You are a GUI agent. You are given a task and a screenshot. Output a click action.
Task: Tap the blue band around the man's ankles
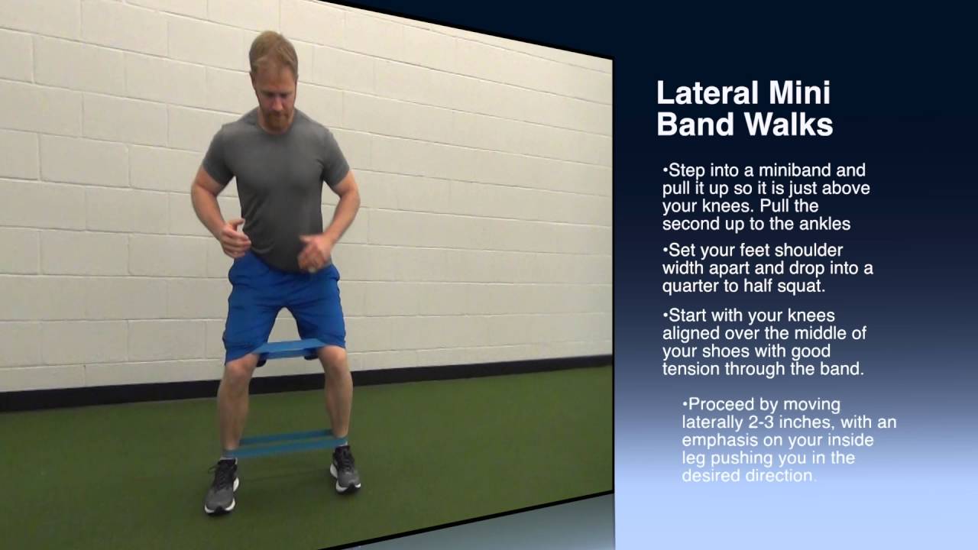tap(287, 442)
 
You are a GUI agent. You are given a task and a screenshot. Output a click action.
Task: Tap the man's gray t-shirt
tap(279, 183)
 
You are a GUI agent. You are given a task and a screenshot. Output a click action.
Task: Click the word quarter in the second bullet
tap(690, 286)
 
